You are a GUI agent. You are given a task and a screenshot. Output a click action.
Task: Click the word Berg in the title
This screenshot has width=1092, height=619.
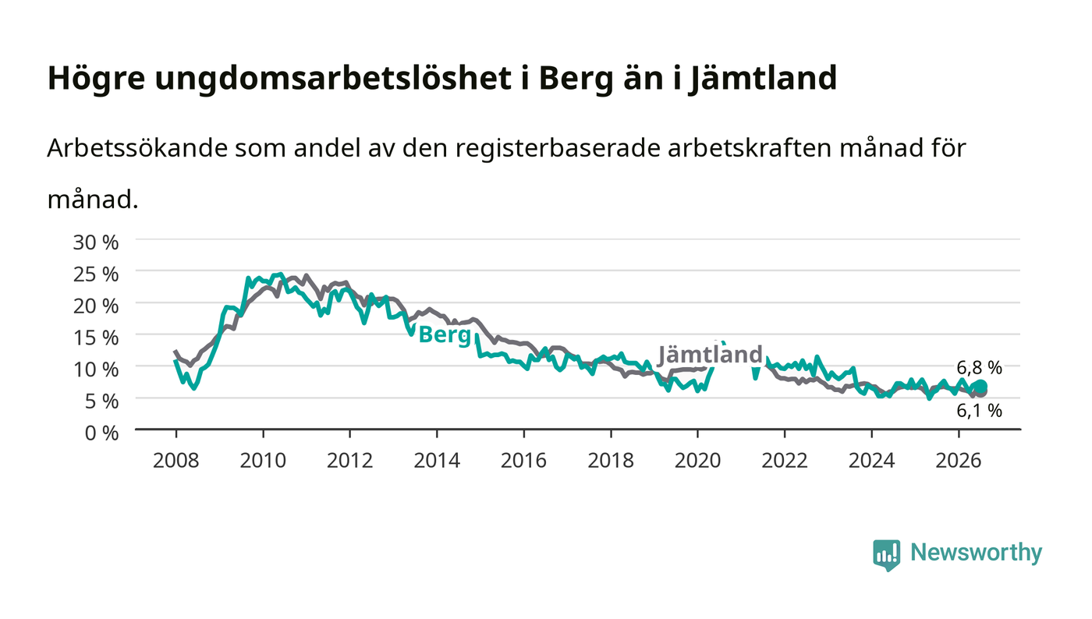pyautogui.click(x=576, y=79)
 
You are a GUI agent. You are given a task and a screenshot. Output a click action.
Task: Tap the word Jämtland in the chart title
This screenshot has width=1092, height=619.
pyautogui.click(x=763, y=79)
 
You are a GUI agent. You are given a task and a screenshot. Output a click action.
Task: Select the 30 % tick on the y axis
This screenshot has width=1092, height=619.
pyautogui.click(x=96, y=242)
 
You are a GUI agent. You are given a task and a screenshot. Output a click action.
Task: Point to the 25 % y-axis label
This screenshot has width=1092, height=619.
pyautogui.click(x=96, y=274)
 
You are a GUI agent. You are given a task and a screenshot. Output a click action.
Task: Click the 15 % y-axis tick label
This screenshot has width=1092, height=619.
pyautogui.click(x=96, y=338)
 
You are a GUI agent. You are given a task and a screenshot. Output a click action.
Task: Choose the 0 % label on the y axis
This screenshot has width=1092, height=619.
pyautogui.click(x=102, y=433)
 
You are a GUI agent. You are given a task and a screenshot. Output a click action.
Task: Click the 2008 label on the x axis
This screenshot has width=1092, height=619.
pyautogui.click(x=176, y=461)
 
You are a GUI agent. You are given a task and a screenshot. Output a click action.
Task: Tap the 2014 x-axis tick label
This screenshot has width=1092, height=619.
pyautogui.click(x=437, y=461)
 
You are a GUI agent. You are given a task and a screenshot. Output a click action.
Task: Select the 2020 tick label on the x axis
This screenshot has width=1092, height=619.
pyautogui.click(x=697, y=461)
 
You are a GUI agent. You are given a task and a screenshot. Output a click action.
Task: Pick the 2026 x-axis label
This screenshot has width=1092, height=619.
pyautogui.click(x=959, y=461)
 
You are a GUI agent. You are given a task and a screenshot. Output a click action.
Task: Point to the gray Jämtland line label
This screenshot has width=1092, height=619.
pyautogui.click(x=711, y=355)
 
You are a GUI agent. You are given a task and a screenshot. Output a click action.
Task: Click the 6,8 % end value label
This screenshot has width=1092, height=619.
pyautogui.click(x=979, y=368)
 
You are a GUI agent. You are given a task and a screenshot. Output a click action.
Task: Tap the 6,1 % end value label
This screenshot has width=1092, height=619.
pyautogui.click(x=979, y=411)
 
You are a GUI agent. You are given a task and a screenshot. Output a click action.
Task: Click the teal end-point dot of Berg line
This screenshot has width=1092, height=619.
pyautogui.click(x=981, y=386)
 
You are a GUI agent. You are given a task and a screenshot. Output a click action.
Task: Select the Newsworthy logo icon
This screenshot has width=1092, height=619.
pyautogui.click(x=886, y=555)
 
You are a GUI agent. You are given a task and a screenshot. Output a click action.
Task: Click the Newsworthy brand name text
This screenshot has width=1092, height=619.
pyautogui.click(x=976, y=553)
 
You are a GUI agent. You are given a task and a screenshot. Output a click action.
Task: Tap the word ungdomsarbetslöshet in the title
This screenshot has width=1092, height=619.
pyautogui.click(x=333, y=79)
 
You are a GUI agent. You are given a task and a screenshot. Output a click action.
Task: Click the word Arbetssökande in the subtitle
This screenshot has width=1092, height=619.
pyautogui.click(x=137, y=147)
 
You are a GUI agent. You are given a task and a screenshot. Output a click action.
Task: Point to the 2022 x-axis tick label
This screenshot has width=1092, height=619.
pyautogui.click(x=785, y=461)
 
